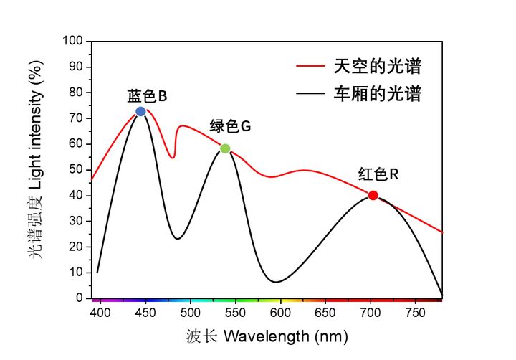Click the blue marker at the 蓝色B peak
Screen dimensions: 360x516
pyautogui.click(x=140, y=111)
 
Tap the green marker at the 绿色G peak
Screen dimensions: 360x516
pyautogui.click(x=225, y=148)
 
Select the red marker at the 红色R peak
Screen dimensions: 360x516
pyautogui.click(x=373, y=195)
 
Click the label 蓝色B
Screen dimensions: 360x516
pyautogui.click(x=148, y=96)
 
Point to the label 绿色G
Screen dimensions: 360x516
pyautogui.click(x=230, y=127)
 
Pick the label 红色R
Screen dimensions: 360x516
pyautogui.click(x=378, y=174)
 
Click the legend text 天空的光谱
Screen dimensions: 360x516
pyautogui.click(x=377, y=67)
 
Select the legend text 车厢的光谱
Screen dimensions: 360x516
pyautogui.click(x=377, y=94)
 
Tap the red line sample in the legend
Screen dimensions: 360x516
pyautogui.click(x=311, y=67)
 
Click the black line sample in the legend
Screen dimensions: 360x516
pyautogui.click(x=311, y=94)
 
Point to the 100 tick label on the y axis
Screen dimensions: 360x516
pyautogui.click(x=74, y=41)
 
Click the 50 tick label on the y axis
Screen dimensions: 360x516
pyautogui.click(x=77, y=169)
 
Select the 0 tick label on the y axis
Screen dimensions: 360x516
pyautogui.click(x=80, y=298)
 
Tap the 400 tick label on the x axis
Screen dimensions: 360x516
pyautogui.click(x=100, y=313)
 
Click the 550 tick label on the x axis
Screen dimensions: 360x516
pyautogui.click(x=235, y=313)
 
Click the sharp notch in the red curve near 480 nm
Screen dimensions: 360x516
pyautogui.click(x=173, y=158)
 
